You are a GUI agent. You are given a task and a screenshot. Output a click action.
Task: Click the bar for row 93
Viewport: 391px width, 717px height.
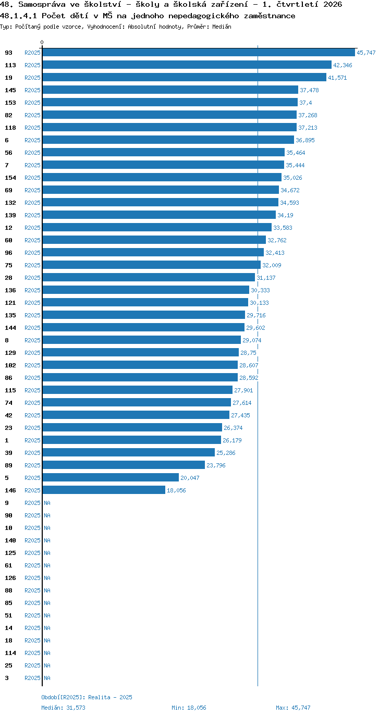[x=199, y=53]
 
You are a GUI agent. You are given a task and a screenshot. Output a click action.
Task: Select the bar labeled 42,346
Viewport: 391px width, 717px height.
[x=187, y=65]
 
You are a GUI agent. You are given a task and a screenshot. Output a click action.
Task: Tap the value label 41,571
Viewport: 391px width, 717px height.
[x=337, y=78]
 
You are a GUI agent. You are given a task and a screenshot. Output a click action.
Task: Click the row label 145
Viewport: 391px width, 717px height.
[x=10, y=90]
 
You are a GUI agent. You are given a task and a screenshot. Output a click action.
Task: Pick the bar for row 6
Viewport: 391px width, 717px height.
[x=168, y=140]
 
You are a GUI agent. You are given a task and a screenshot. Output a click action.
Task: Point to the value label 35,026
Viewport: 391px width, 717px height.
[x=292, y=178]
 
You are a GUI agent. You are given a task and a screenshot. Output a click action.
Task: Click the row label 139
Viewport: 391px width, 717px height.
[x=10, y=215]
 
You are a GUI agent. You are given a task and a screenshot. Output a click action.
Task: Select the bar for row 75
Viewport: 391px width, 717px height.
[x=152, y=265]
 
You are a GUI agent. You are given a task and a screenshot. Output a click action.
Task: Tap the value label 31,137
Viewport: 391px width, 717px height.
[x=266, y=278]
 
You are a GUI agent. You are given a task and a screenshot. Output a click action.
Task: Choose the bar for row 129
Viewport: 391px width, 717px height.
[x=141, y=352]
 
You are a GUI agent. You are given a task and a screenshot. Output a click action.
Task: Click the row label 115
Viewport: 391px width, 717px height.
[x=10, y=390]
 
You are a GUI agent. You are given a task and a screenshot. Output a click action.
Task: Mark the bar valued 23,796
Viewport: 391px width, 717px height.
[x=124, y=465]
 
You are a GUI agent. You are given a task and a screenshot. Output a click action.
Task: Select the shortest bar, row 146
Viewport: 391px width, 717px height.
[x=104, y=490]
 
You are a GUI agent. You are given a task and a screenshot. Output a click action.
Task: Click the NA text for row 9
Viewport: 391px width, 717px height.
[x=47, y=503]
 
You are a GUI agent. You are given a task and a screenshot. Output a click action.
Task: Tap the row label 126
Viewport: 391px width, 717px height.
[x=10, y=578]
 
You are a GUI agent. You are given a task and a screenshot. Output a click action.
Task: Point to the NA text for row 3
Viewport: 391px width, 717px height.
[x=47, y=678]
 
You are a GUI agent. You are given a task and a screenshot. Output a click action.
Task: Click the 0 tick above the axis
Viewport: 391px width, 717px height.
[x=42, y=43]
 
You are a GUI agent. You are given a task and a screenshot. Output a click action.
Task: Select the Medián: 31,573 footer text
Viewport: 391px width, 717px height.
[x=64, y=708]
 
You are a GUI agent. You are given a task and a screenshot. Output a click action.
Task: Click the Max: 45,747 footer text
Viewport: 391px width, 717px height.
[x=293, y=708]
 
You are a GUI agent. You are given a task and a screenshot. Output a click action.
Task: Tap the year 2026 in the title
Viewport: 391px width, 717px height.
[x=333, y=5]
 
